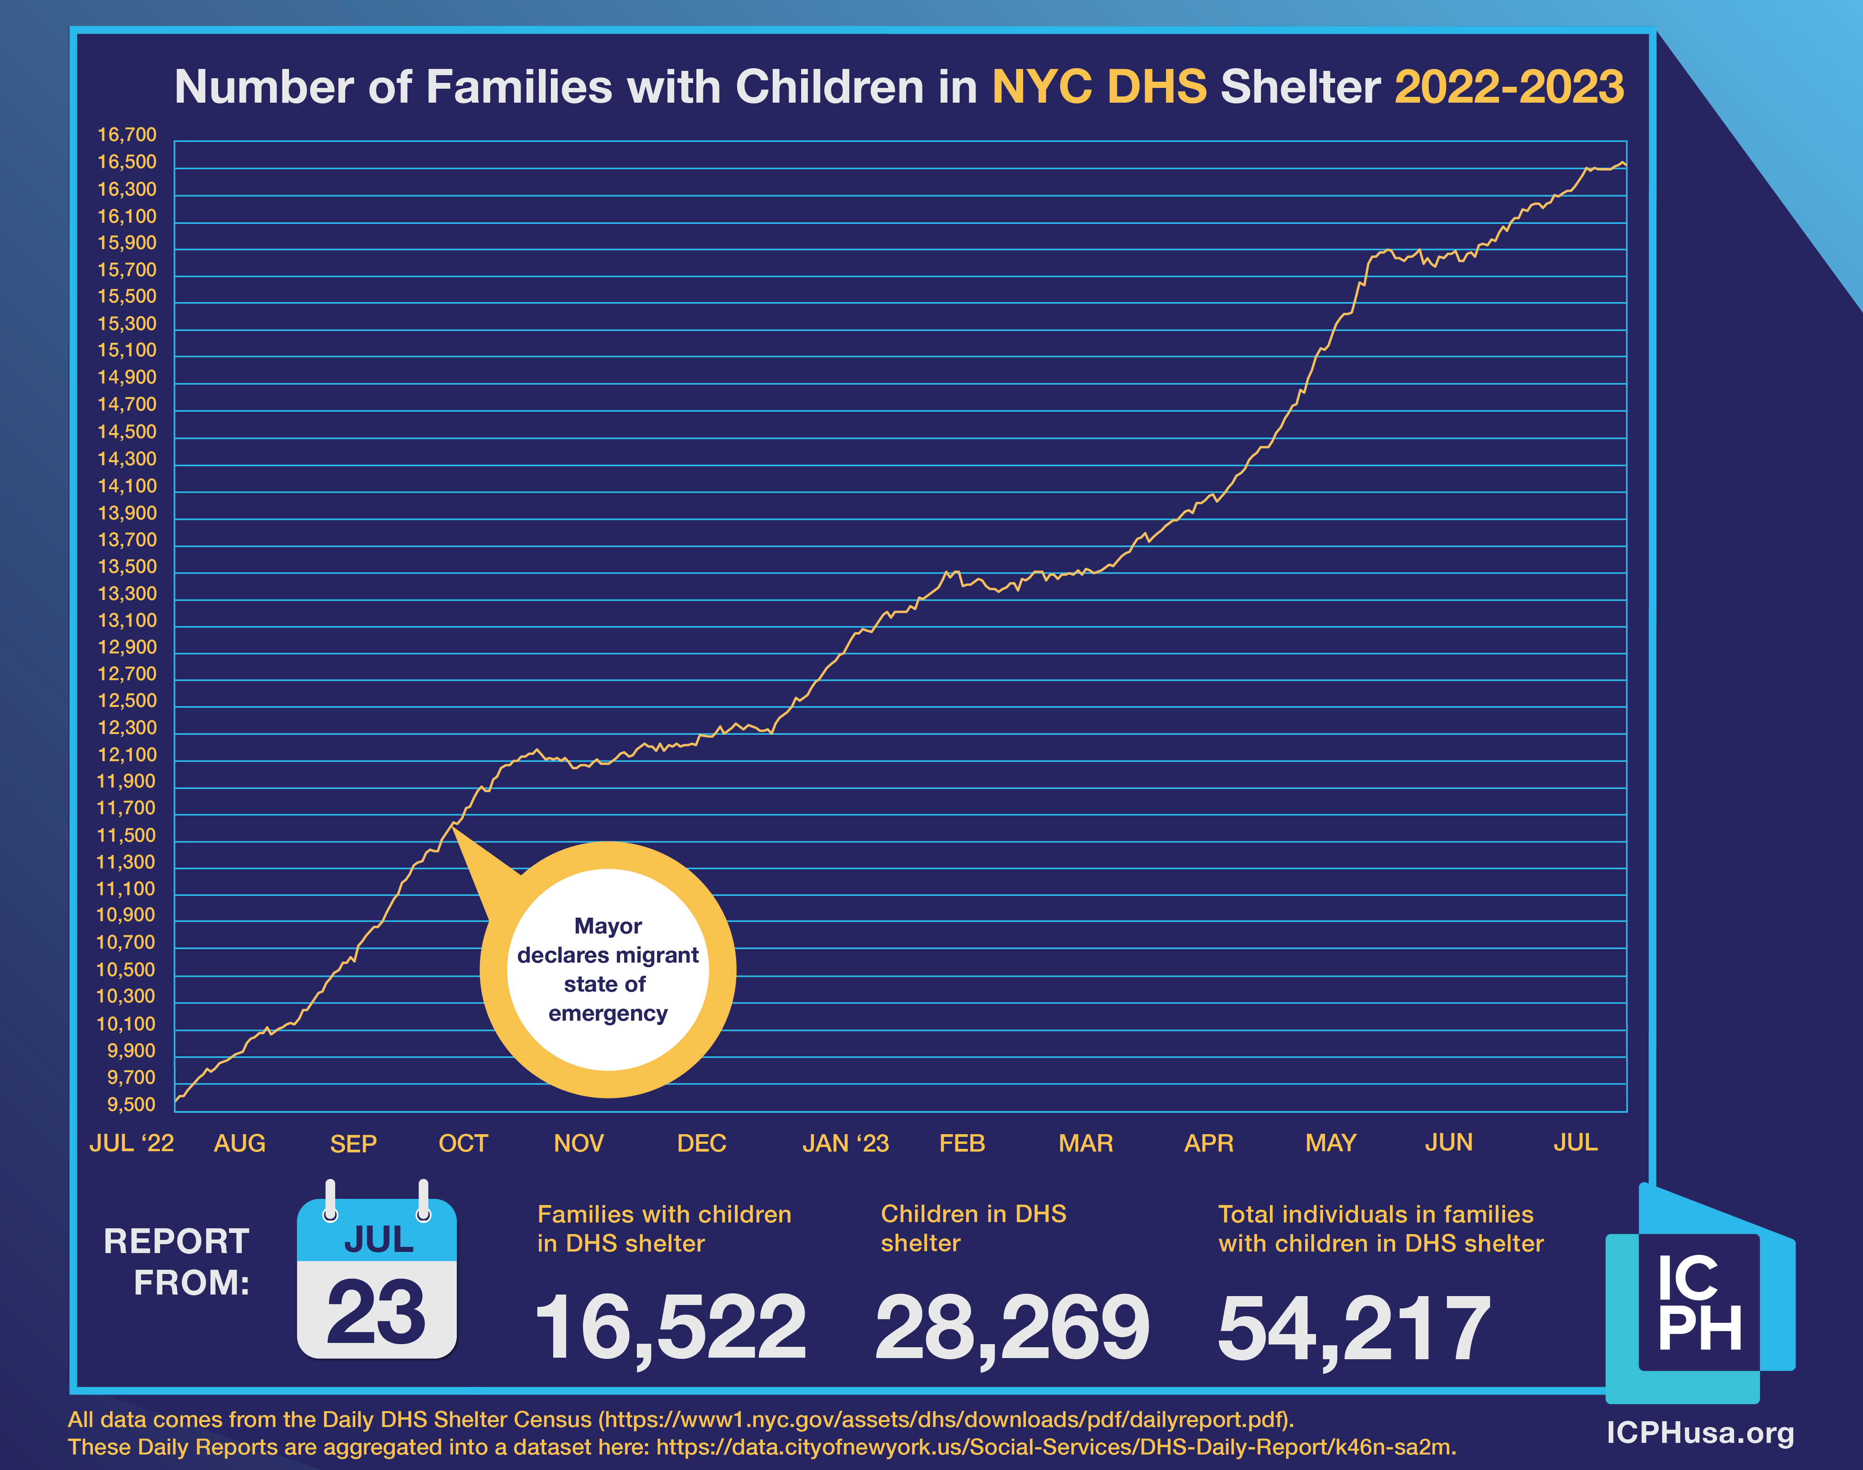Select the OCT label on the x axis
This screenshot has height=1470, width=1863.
pyautogui.click(x=463, y=1144)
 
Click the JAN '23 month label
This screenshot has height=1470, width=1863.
pyautogui.click(x=845, y=1144)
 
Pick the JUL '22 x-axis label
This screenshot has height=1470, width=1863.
pyautogui.click(x=132, y=1144)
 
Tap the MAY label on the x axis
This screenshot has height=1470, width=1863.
pyautogui.click(x=1330, y=1144)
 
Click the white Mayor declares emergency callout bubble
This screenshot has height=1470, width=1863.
pyautogui.click(x=607, y=970)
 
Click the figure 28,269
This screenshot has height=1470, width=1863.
pyautogui.click(x=1012, y=1328)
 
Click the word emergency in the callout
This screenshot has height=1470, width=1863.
pyautogui.click(x=607, y=1014)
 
